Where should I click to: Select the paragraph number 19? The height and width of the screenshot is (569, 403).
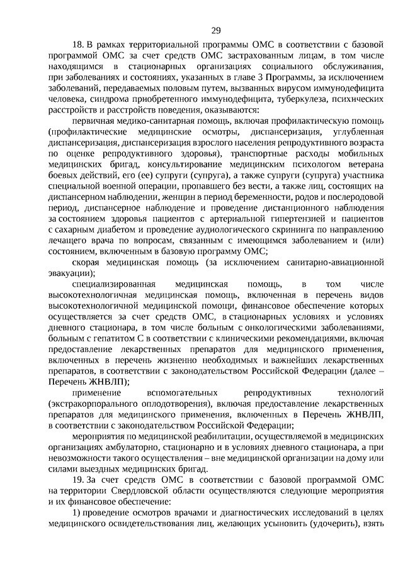(x=78, y=481)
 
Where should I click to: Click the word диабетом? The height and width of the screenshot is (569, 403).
(x=99, y=229)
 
